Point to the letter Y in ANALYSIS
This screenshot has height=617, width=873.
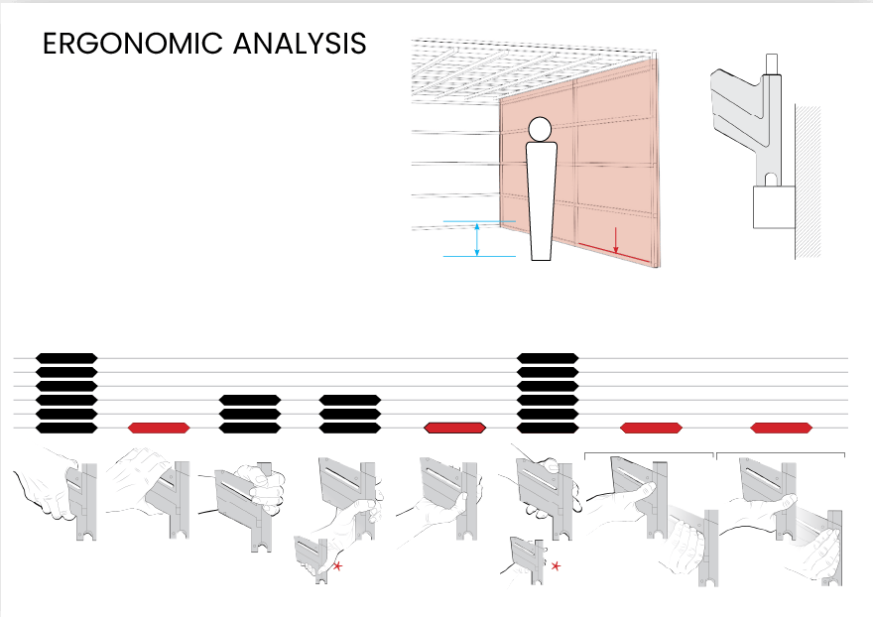[x=327, y=45]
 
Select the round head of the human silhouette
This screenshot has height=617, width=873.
[x=540, y=129]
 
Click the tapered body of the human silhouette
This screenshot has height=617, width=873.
[x=540, y=198]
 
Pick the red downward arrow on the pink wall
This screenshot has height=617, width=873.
[x=616, y=239]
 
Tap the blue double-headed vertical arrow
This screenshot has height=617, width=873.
[x=478, y=239]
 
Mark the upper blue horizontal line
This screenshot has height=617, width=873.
[x=480, y=221]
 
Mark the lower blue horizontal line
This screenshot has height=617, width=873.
[x=480, y=257]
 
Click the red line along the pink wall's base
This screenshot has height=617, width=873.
[x=615, y=254]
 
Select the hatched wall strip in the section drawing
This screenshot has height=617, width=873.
[x=809, y=179]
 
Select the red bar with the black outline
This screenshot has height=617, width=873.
[x=454, y=428]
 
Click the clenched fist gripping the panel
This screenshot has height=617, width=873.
[x=268, y=489]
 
